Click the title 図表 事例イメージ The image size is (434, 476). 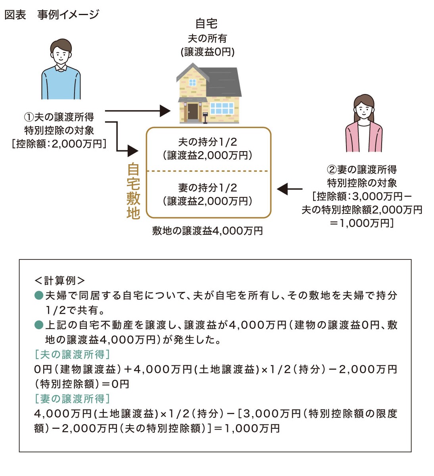point(52,15)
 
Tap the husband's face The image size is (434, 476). point(61,54)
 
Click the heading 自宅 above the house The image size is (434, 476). point(206,24)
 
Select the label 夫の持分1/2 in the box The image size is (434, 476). point(207,142)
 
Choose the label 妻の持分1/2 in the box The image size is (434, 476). point(207,188)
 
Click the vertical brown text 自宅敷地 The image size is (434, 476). point(133,191)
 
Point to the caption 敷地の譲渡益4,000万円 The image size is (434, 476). point(207,231)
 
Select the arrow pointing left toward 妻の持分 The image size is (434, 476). point(289,189)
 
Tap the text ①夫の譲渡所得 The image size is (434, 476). point(59,117)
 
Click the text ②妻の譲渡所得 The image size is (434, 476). point(362,170)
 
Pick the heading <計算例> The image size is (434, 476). point(59,280)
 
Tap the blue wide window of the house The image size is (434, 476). point(222,108)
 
